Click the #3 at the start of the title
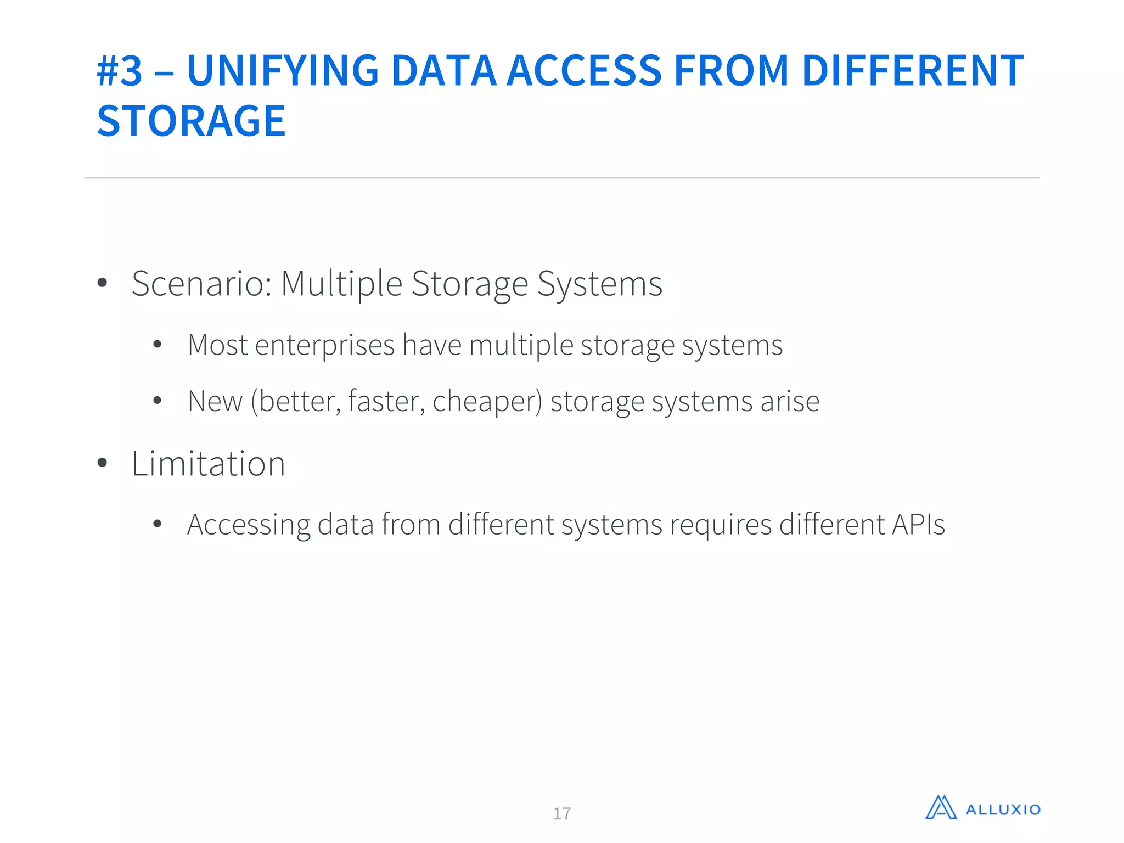point(120,71)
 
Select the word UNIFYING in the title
point(283,71)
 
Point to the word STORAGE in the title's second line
point(191,121)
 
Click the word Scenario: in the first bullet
point(202,284)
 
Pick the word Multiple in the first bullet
point(341,284)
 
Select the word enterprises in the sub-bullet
point(325,346)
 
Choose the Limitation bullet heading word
point(209,464)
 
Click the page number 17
point(562,813)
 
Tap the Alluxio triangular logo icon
point(941,808)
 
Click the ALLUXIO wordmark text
point(1003,810)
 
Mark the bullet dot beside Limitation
point(102,463)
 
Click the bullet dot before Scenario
point(102,283)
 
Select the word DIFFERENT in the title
point(912,71)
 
